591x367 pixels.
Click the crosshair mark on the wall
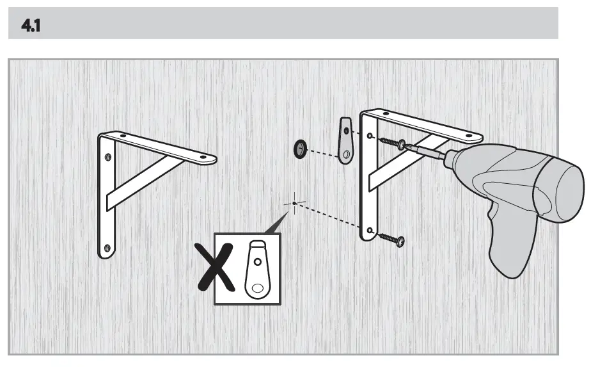(x=294, y=203)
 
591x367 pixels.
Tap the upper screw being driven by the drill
(x=392, y=143)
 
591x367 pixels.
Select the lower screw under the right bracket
(x=391, y=239)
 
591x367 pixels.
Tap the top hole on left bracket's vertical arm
(x=107, y=155)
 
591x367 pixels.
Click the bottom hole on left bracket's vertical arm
(x=107, y=247)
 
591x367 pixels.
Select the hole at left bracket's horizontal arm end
(x=204, y=156)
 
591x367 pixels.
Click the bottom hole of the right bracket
(x=370, y=229)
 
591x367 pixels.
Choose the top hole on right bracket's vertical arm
(x=371, y=135)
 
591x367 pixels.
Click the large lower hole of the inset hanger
(x=258, y=287)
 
